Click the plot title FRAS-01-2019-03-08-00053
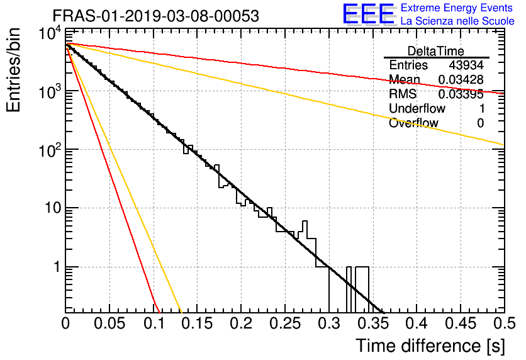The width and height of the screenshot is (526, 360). point(156,16)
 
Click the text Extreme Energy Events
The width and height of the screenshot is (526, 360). point(457,8)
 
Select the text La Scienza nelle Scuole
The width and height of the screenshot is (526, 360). point(457,21)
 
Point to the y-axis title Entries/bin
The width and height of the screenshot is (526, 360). point(14,70)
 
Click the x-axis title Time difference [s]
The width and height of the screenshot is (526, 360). point(430,346)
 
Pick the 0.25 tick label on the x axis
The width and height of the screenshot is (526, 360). point(286,323)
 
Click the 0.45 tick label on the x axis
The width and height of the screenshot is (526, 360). point(461,323)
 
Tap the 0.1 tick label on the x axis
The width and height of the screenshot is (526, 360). point(154,323)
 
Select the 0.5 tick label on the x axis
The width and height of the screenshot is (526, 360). point(505,323)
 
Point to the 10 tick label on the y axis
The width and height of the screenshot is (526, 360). point(53,208)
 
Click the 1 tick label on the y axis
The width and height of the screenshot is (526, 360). point(57,267)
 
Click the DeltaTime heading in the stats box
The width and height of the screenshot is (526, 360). point(436,51)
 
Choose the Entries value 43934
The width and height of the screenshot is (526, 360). point(466,65)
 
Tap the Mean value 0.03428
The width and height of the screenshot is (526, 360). point(461,79)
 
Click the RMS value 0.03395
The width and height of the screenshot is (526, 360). point(461,94)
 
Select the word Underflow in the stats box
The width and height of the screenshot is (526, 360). point(417,108)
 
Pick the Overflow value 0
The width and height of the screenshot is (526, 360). point(480,123)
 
